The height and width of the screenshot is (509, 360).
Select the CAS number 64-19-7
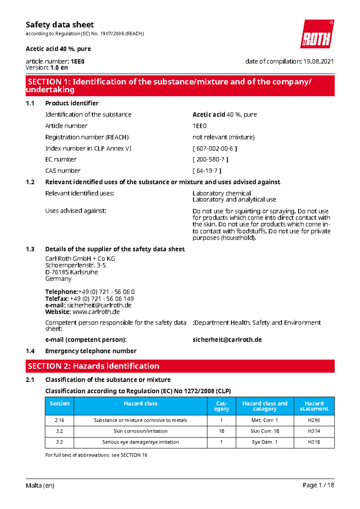coord(207,171)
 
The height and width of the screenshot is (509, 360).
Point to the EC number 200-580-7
coord(210,159)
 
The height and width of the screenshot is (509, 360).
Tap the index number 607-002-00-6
coord(215,148)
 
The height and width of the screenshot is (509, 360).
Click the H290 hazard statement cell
coord(314,420)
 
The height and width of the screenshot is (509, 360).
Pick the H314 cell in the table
coord(314,431)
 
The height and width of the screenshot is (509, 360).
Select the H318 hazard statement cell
coord(314,442)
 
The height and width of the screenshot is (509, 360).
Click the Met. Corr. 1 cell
coord(265,420)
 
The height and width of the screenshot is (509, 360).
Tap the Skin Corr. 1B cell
coord(265,431)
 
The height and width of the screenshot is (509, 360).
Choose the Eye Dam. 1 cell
coord(265,442)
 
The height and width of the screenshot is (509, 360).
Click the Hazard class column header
coord(140,403)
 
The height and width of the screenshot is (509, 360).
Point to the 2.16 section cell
coord(59,420)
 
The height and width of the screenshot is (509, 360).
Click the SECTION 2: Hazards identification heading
coord(94,366)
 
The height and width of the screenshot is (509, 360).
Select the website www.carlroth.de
coord(96,312)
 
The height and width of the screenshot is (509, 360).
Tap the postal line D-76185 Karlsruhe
coord(71,272)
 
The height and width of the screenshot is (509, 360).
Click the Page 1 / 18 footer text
coord(318,485)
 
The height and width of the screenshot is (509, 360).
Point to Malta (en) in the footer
coord(40,485)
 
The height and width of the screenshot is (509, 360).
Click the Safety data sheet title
coord(60,25)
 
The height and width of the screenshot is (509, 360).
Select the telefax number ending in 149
coord(102,299)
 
